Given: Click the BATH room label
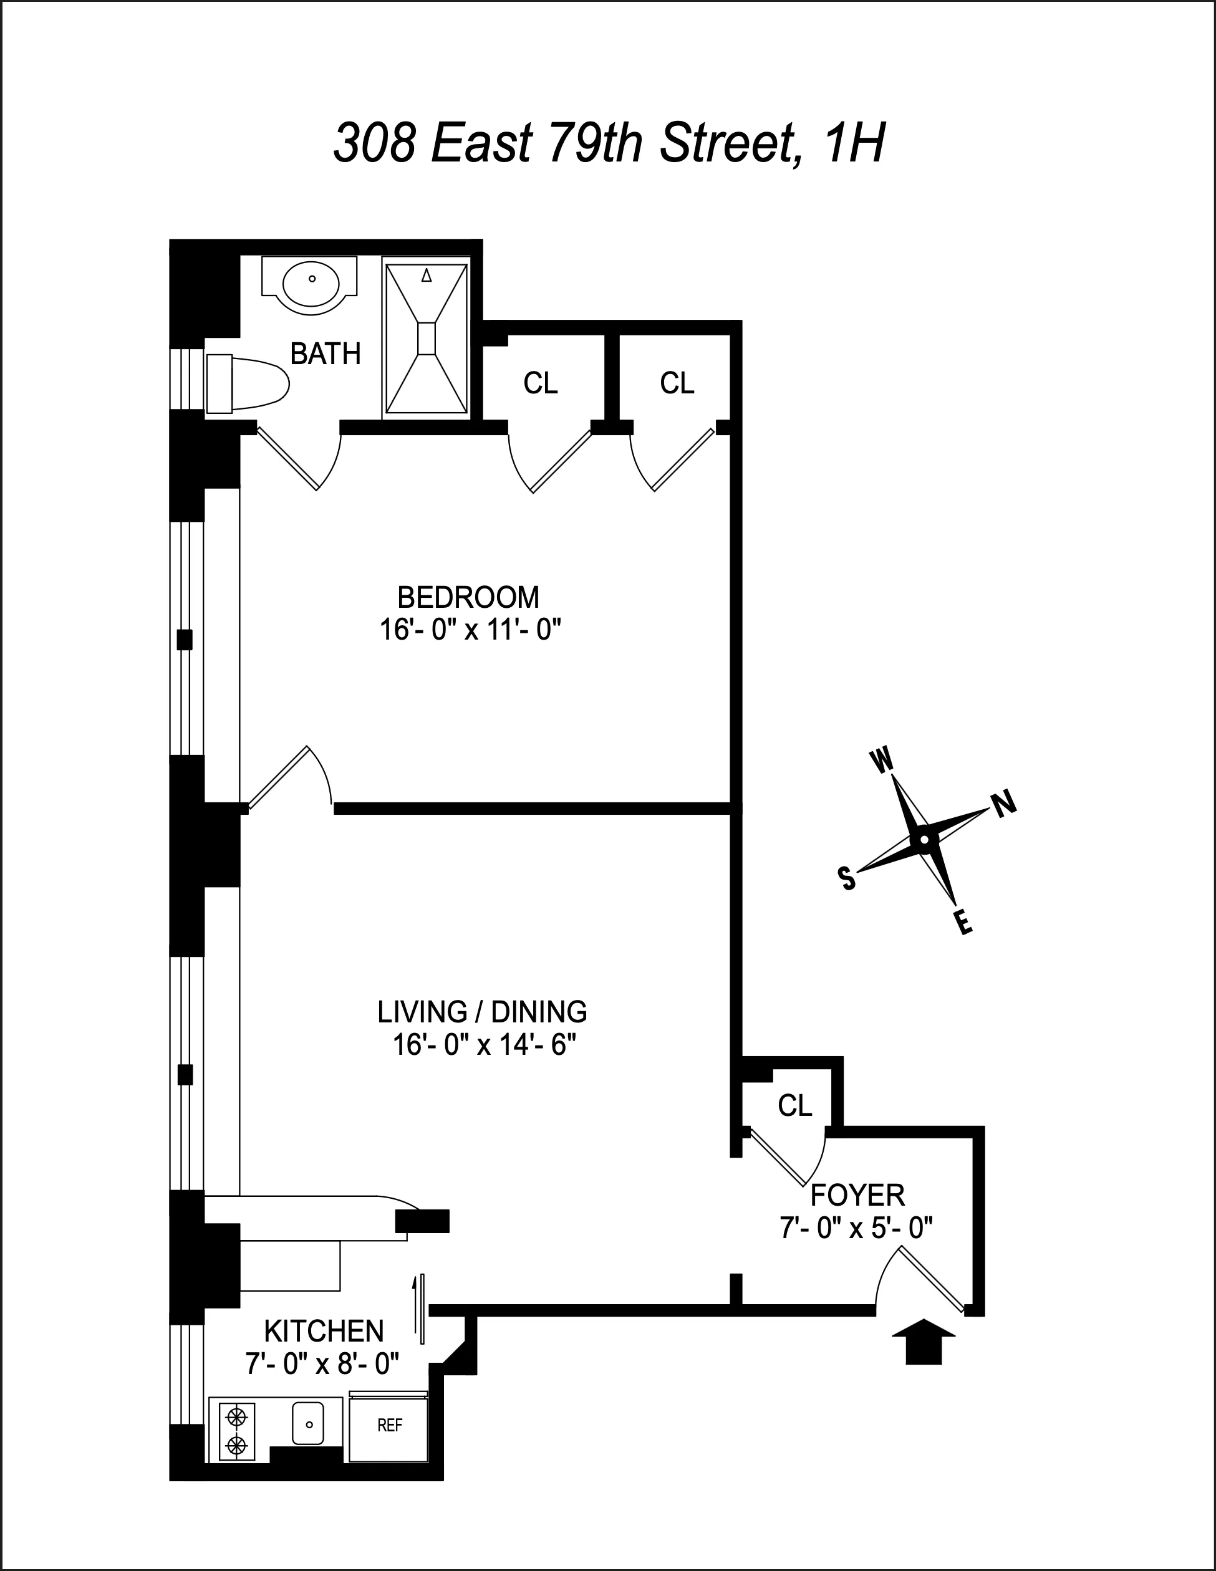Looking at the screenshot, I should [x=326, y=354].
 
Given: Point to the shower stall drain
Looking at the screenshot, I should [x=426, y=338].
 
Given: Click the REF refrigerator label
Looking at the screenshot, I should [x=389, y=1425].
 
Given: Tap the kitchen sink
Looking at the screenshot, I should [x=308, y=1423].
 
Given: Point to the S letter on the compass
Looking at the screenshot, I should [x=847, y=878].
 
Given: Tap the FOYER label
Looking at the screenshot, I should [x=857, y=1196].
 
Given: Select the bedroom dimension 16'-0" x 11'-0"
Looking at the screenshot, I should [x=469, y=630].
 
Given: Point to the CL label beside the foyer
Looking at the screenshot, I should [x=794, y=1105].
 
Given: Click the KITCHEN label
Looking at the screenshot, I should [x=324, y=1332].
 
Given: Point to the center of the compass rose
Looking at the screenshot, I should [x=924, y=840].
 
